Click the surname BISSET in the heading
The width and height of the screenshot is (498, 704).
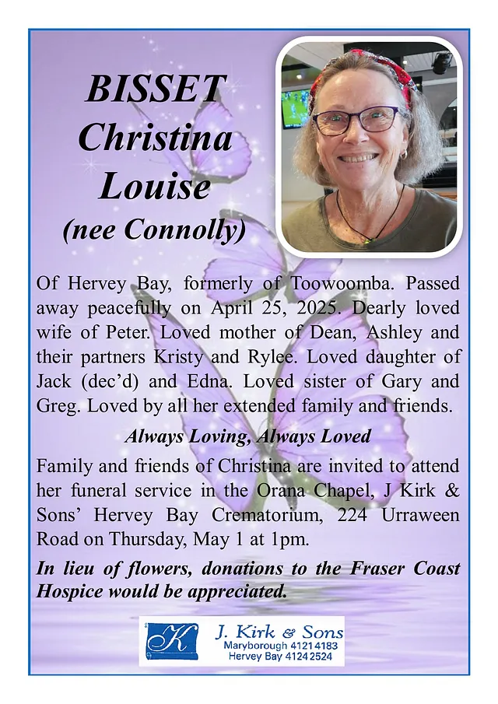click(156, 89)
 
